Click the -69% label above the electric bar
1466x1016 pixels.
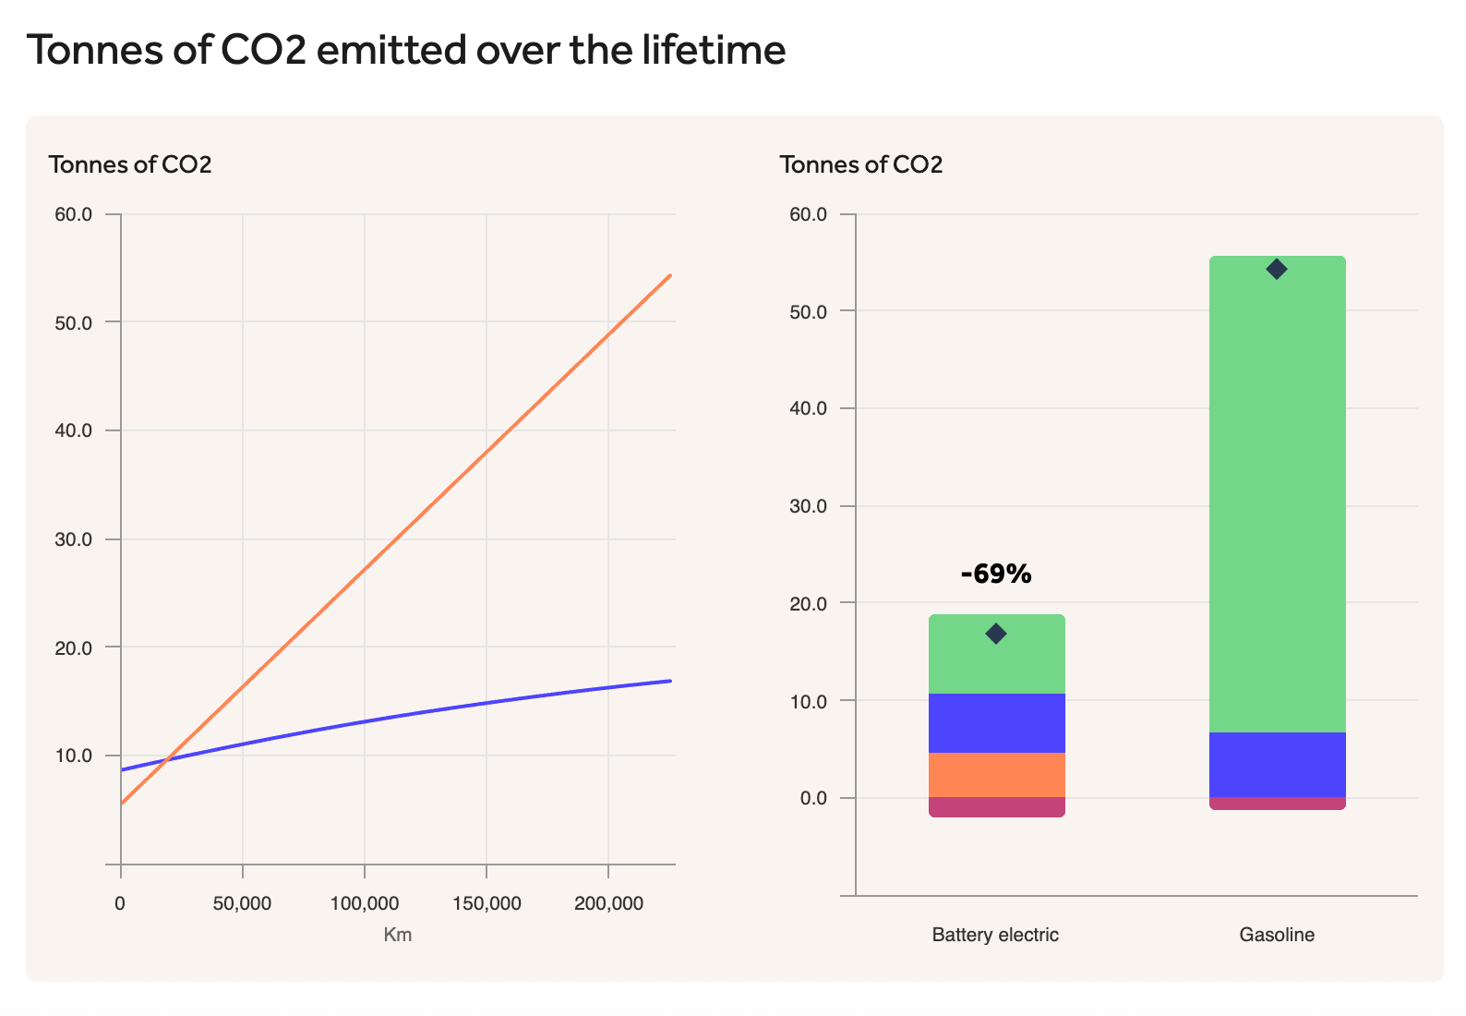click(995, 575)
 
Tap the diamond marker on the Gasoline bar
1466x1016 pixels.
click(1277, 269)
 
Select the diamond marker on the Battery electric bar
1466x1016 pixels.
click(995, 634)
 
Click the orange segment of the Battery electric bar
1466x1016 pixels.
click(996, 775)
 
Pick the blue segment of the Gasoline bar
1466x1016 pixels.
click(1277, 765)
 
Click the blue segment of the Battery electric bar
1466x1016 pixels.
click(996, 723)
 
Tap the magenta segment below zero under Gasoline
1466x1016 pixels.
click(1277, 804)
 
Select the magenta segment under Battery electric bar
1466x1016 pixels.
click(996, 807)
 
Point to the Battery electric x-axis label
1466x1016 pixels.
click(995, 935)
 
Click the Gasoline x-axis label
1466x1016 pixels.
click(1277, 935)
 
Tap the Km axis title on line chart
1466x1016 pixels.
click(398, 935)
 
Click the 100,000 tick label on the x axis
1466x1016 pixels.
click(365, 904)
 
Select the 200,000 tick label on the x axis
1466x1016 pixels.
click(608, 904)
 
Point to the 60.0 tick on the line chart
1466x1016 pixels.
click(74, 214)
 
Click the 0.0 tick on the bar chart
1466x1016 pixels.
click(808, 798)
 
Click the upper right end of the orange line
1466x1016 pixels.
click(669, 276)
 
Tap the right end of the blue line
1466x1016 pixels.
click(669, 681)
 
